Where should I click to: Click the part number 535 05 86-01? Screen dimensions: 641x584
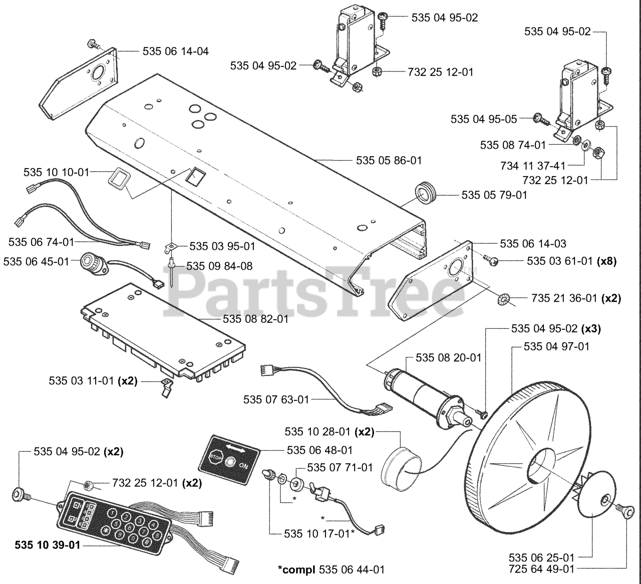click(x=389, y=160)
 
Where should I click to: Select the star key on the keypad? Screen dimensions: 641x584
click(x=105, y=531)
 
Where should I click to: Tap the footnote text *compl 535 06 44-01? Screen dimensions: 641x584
click(x=332, y=569)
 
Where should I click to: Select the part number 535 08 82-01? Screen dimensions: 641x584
click(x=255, y=319)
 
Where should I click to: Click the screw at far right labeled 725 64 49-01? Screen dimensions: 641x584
click(x=626, y=513)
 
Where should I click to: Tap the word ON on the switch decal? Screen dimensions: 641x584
click(x=243, y=465)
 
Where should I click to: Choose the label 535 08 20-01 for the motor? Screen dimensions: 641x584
click(x=448, y=358)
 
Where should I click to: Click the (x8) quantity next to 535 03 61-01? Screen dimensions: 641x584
click(x=606, y=261)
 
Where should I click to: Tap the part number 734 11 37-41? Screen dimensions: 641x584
click(x=533, y=166)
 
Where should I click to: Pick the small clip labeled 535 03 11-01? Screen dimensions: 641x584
click(x=166, y=387)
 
